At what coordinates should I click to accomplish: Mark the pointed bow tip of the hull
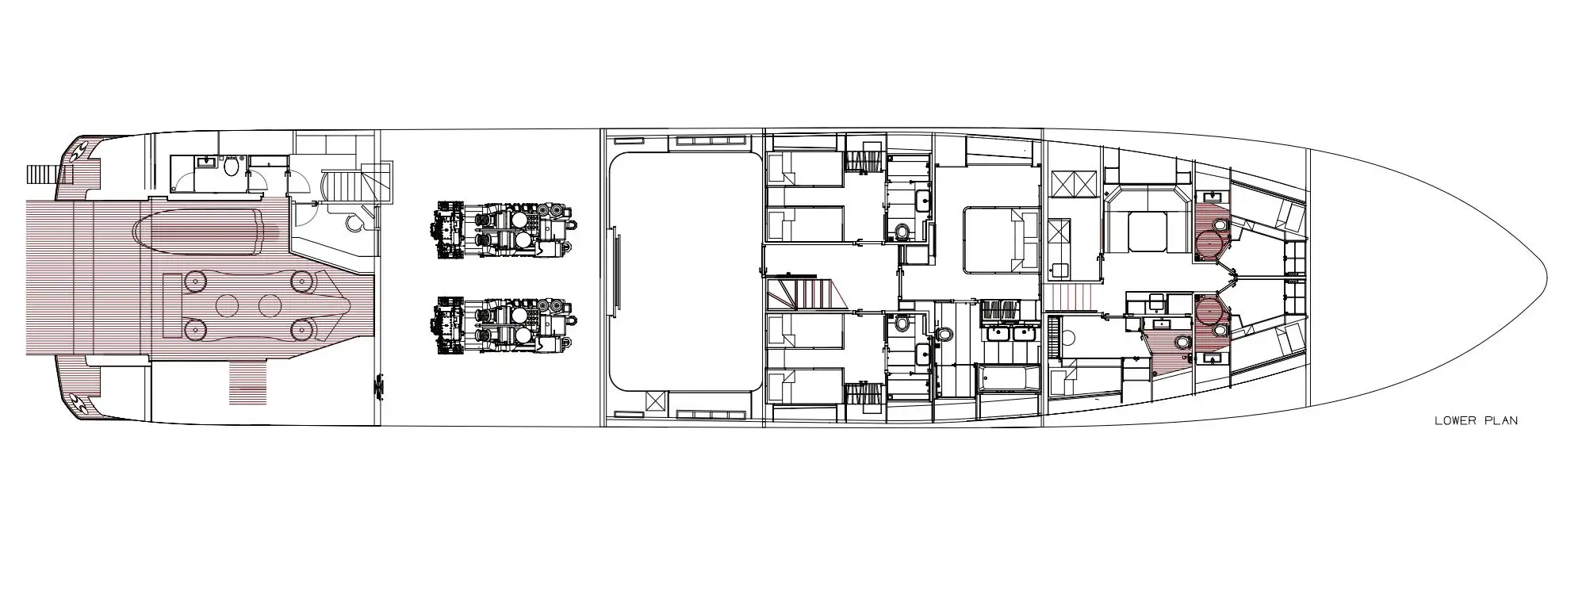coord(1548,279)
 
